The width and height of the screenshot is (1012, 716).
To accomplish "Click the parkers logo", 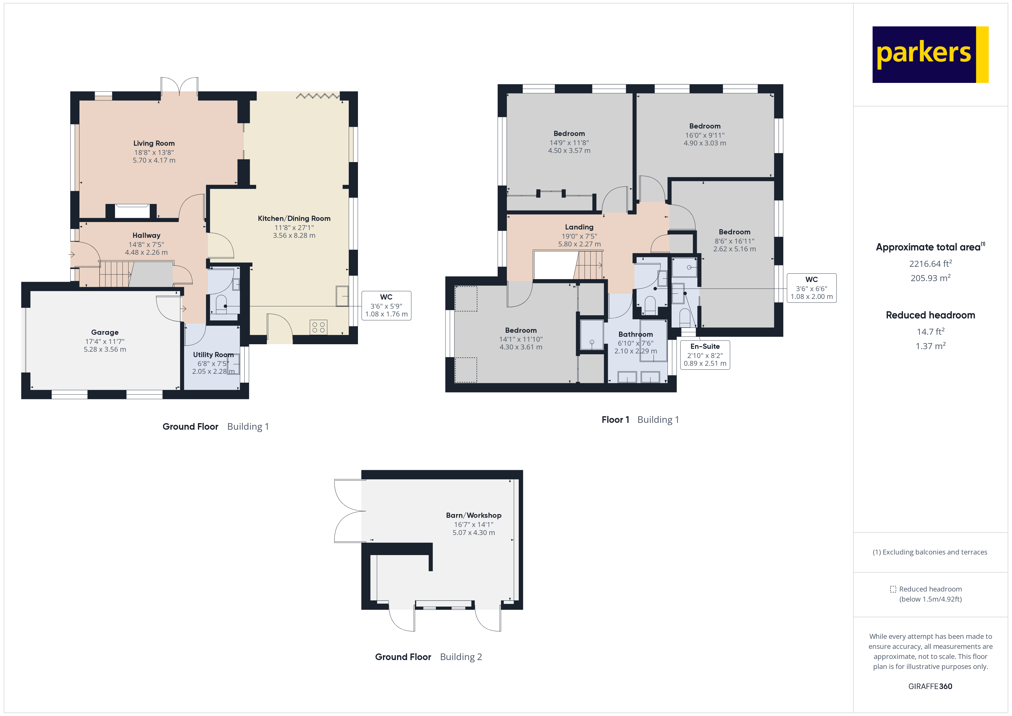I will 930,54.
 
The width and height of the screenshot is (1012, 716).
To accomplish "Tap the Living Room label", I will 154,143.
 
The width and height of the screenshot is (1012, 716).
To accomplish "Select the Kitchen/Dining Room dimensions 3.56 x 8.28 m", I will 294,236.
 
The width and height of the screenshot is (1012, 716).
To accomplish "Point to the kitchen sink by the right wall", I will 342,296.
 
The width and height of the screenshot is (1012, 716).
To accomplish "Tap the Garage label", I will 105,332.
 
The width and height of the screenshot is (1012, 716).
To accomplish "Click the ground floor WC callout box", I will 386,306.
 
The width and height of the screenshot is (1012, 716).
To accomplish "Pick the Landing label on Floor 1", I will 579,227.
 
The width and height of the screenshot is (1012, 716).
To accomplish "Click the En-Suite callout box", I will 705,355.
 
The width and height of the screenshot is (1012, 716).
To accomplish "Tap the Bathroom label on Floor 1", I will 635,334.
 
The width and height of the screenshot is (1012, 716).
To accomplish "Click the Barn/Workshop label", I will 473,515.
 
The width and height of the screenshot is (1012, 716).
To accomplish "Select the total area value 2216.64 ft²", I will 930,264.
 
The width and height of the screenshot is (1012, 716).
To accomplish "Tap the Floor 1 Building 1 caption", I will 640,420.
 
